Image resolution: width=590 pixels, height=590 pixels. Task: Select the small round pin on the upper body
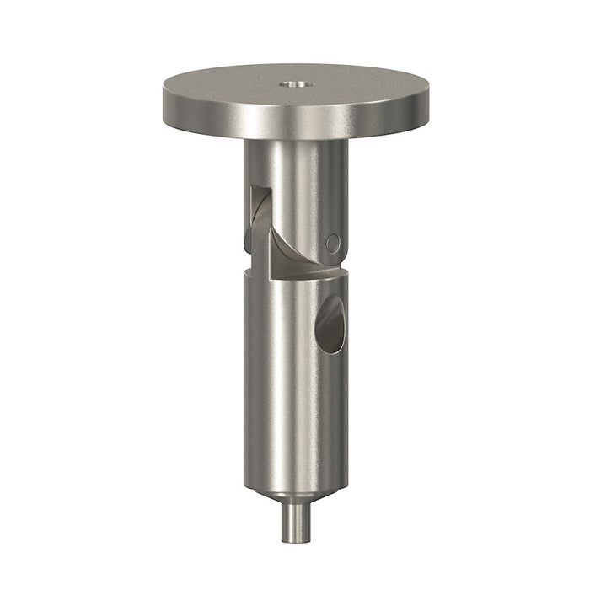pyautogui.click(x=333, y=243)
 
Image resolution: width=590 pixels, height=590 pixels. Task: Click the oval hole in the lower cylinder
pyautogui.click(x=330, y=324)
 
